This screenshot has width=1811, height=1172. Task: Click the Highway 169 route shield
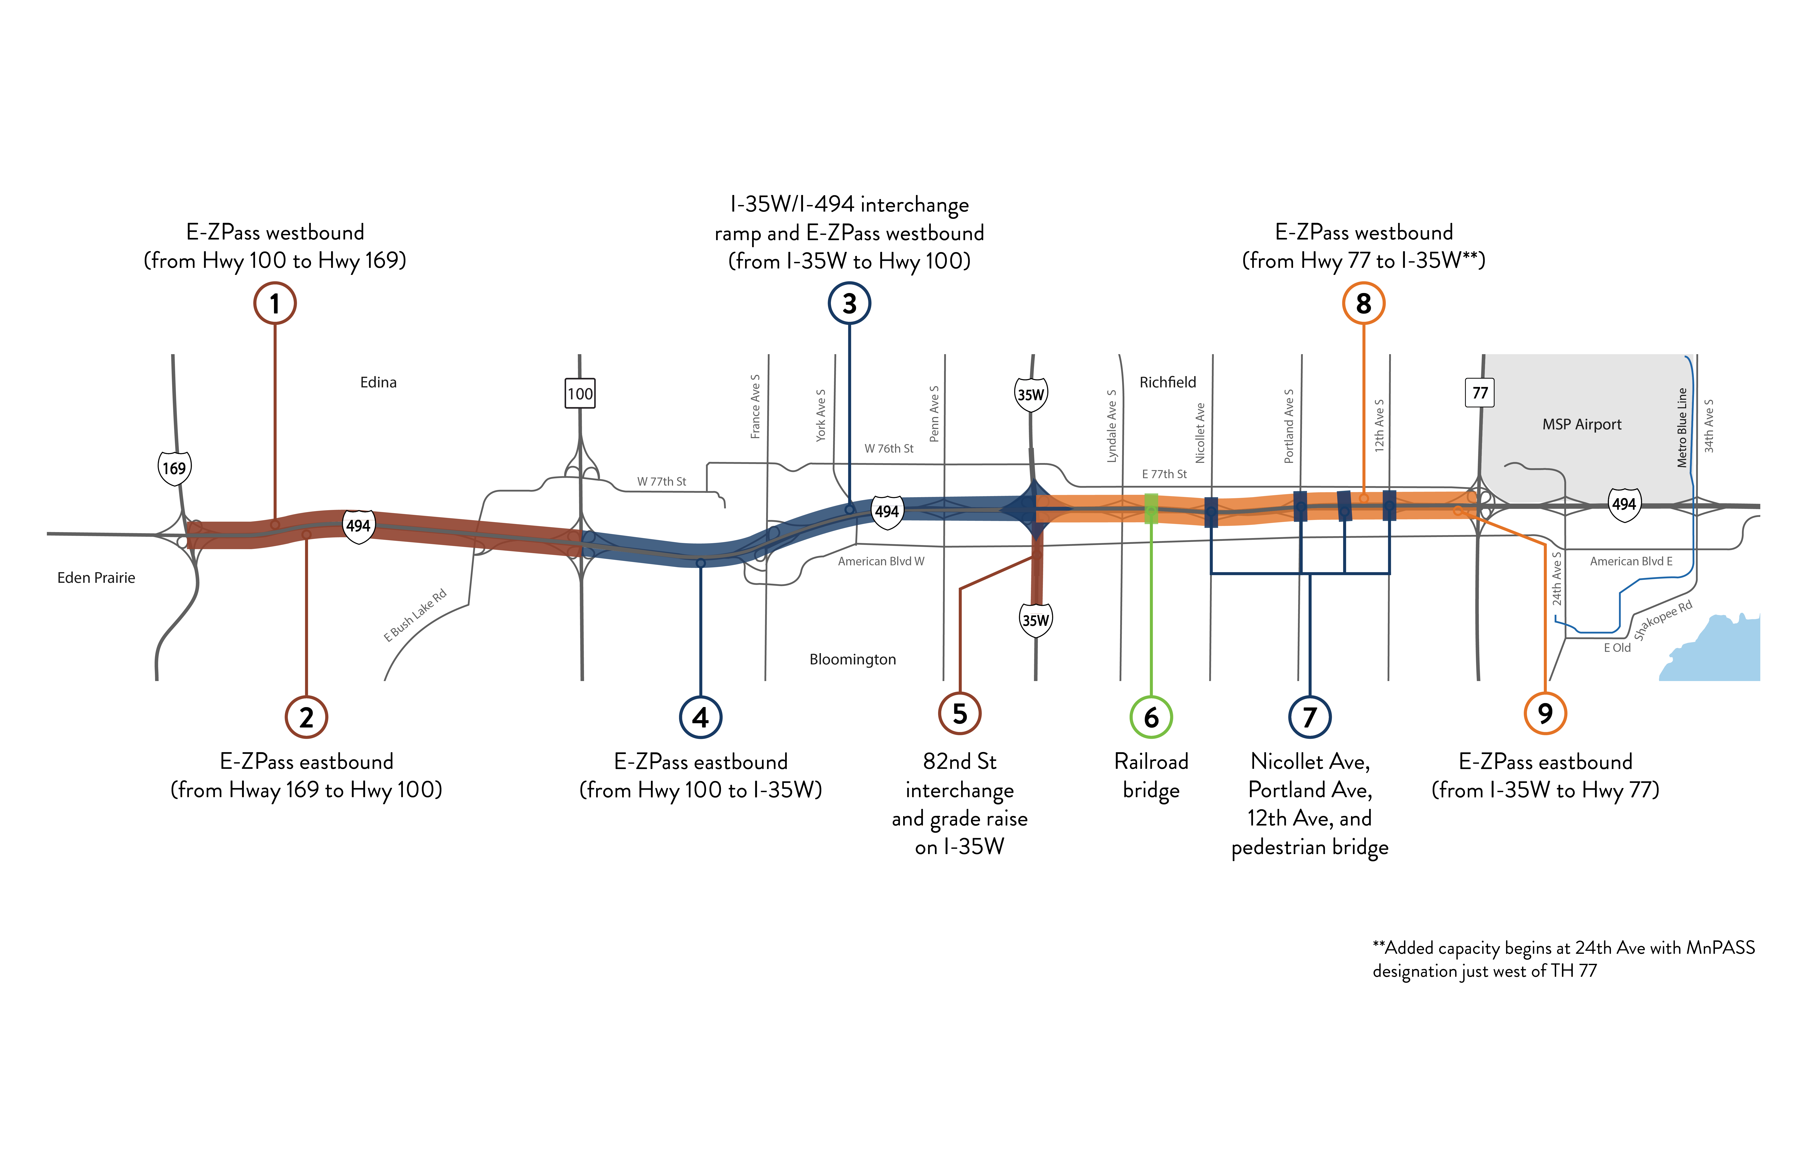point(174,468)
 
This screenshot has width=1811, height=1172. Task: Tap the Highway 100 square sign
point(580,393)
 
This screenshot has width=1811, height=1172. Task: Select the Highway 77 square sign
point(1479,393)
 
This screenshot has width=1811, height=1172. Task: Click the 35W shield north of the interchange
point(1031,394)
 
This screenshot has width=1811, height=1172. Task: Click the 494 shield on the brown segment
point(358,525)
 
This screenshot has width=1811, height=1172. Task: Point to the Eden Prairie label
point(96,578)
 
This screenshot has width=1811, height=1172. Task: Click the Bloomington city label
point(852,659)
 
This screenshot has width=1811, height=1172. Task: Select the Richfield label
point(1167,382)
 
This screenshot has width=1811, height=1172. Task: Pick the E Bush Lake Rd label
point(415,616)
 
